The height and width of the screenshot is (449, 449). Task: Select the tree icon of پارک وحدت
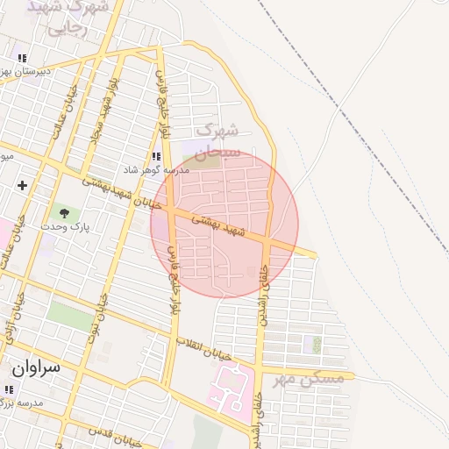[62, 211]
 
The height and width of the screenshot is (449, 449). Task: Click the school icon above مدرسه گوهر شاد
[156, 156]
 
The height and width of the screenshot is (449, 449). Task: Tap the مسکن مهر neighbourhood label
[306, 379]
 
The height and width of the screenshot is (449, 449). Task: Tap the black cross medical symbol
[22, 185]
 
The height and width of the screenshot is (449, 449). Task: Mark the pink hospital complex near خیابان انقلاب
[228, 388]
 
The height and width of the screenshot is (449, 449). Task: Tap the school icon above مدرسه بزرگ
[9, 389]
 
